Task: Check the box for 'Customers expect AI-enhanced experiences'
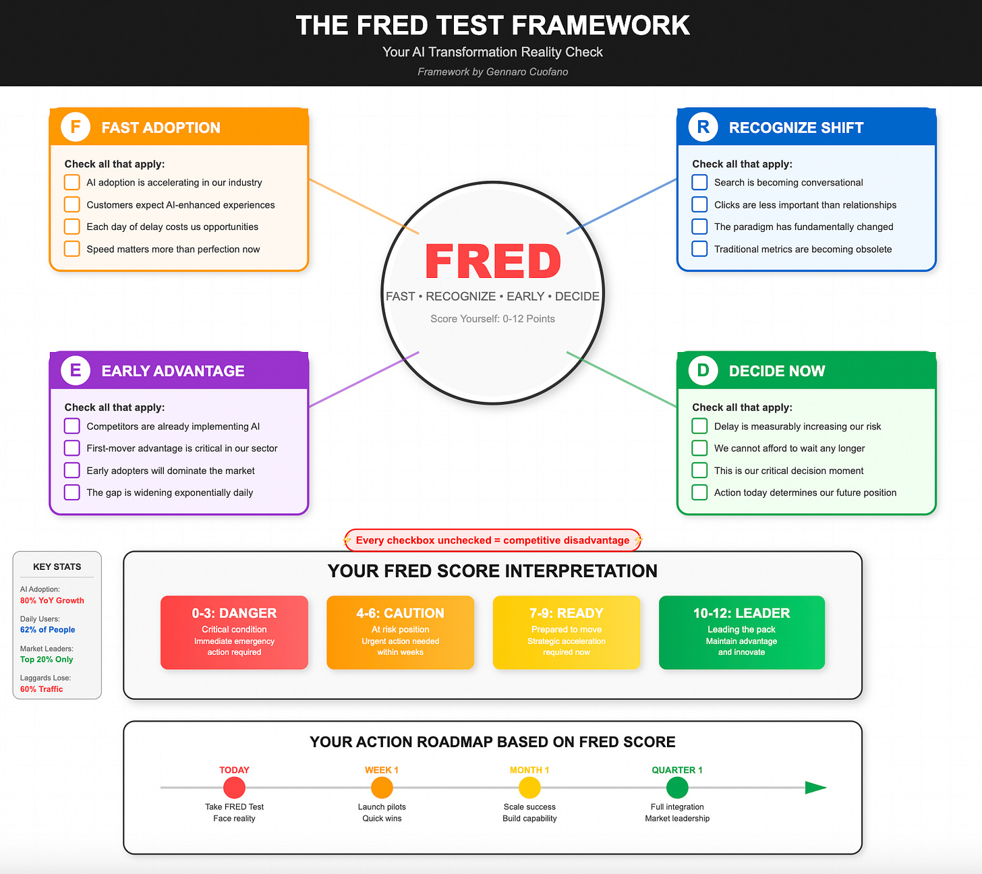(x=72, y=204)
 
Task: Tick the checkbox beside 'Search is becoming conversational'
(x=699, y=182)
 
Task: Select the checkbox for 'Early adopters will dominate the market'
(x=72, y=470)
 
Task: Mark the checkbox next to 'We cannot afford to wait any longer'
(x=699, y=448)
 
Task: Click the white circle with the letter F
(x=76, y=127)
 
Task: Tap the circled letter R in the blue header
(x=703, y=127)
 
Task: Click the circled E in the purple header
(x=76, y=370)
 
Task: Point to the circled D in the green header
(x=703, y=370)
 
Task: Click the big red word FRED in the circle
(x=493, y=262)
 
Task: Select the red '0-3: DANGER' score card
(x=234, y=632)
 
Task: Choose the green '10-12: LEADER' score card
(x=741, y=632)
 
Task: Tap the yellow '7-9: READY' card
(x=567, y=632)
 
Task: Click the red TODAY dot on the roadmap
(x=234, y=788)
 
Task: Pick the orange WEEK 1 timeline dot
(x=382, y=788)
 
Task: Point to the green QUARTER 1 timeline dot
(x=677, y=788)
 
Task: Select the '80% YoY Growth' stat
(x=52, y=600)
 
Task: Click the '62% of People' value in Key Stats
(x=47, y=630)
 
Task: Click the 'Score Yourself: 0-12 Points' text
(x=492, y=318)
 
